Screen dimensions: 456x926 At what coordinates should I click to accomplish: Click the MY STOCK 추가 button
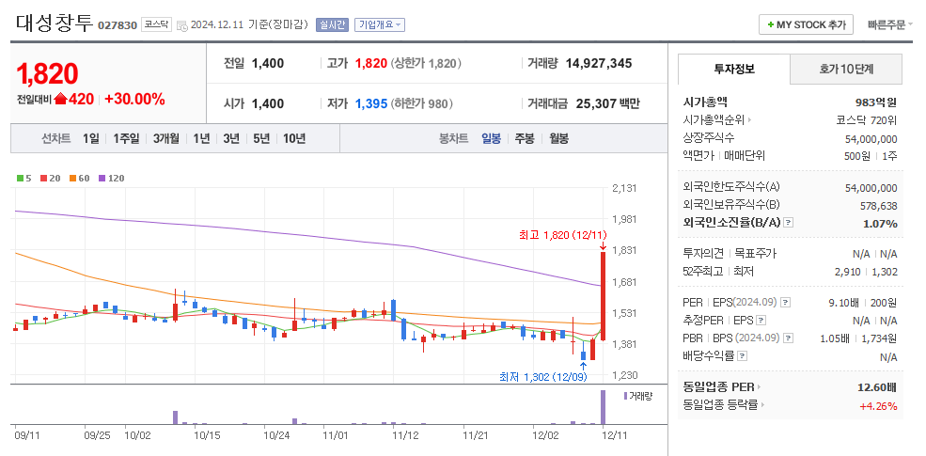(x=806, y=24)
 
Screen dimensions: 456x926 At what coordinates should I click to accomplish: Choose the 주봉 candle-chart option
(x=524, y=138)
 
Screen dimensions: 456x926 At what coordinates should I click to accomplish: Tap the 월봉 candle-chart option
(x=558, y=138)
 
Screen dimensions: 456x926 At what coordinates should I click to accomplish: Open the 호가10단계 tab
(x=846, y=69)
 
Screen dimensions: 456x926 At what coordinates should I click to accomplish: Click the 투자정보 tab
(x=734, y=69)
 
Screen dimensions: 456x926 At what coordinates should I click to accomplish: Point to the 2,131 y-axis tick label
(x=624, y=188)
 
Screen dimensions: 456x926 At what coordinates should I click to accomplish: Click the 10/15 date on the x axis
(x=207, y=435)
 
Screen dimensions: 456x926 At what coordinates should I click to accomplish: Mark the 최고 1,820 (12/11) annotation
(x=557, y=234)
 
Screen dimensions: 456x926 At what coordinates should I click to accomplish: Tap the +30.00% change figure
(x=134, y=99)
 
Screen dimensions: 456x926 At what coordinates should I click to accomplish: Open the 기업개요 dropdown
(x=380, y=24)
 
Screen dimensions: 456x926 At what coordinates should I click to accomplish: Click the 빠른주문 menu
(x=889, y=24)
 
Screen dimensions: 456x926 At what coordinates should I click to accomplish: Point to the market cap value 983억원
(x=875, y=102)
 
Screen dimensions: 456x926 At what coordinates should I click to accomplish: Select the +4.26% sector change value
(x=877, y=406)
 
